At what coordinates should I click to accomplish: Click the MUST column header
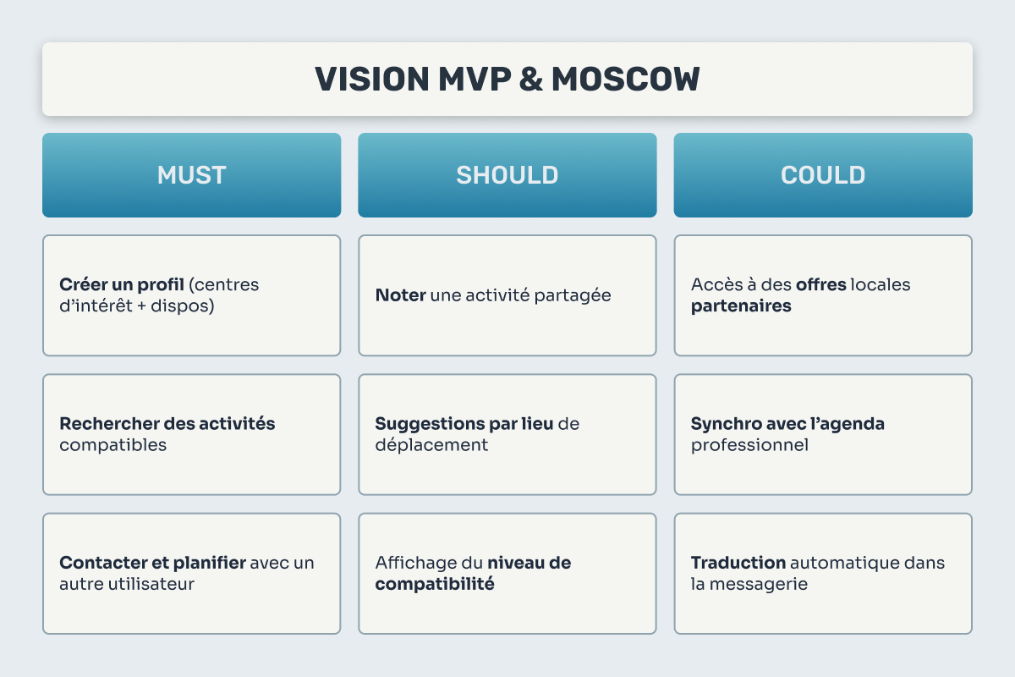click(x=191, y=175)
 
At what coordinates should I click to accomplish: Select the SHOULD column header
click(x=507, y=175)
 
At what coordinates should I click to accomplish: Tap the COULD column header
click(x=823, y=175)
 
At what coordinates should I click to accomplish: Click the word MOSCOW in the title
click(x=625, y=80)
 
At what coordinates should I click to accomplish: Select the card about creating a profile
click(x=191, y=295)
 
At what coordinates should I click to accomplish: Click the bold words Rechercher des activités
click(x=167, y=424)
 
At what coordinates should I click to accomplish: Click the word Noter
click(x=400, y=296)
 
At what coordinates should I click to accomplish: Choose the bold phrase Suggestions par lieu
click(x=464, y=424)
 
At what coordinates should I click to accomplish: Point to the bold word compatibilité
click(x=435, y=584)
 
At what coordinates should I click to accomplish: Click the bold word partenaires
click(x=741, y=306)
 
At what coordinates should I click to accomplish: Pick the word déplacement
click(x=431, y=445)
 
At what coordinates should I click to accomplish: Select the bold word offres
click(x=821, y=285)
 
